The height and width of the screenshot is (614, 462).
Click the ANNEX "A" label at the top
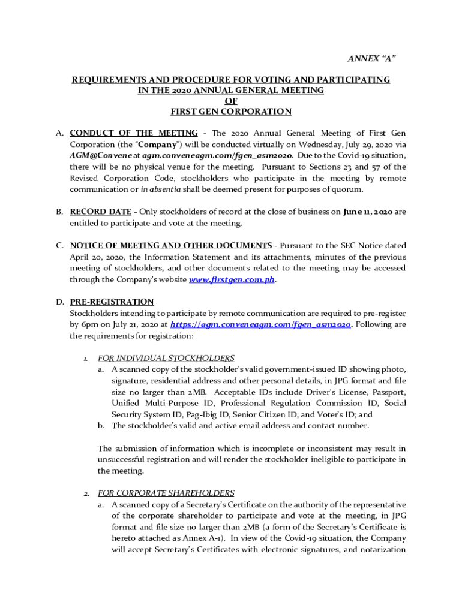pos(372,58)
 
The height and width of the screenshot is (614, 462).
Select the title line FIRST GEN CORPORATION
pos(231,112)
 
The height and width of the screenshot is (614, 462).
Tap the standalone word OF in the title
pos(231,101)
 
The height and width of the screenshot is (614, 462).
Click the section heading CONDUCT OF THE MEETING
pos(134,133)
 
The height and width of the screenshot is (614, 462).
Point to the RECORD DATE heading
pos(100,212)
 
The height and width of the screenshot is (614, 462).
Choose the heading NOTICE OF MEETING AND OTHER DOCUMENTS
pos(171,245)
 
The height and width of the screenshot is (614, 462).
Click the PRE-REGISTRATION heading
pos(112,302)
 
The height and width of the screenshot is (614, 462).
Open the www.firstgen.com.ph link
pos(232,279)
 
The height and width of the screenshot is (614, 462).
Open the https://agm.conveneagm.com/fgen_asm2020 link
pos(260,324)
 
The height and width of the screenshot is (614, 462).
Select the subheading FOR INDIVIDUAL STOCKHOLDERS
pos(166,358)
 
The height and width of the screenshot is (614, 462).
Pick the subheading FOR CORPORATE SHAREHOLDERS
pos(166,493)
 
